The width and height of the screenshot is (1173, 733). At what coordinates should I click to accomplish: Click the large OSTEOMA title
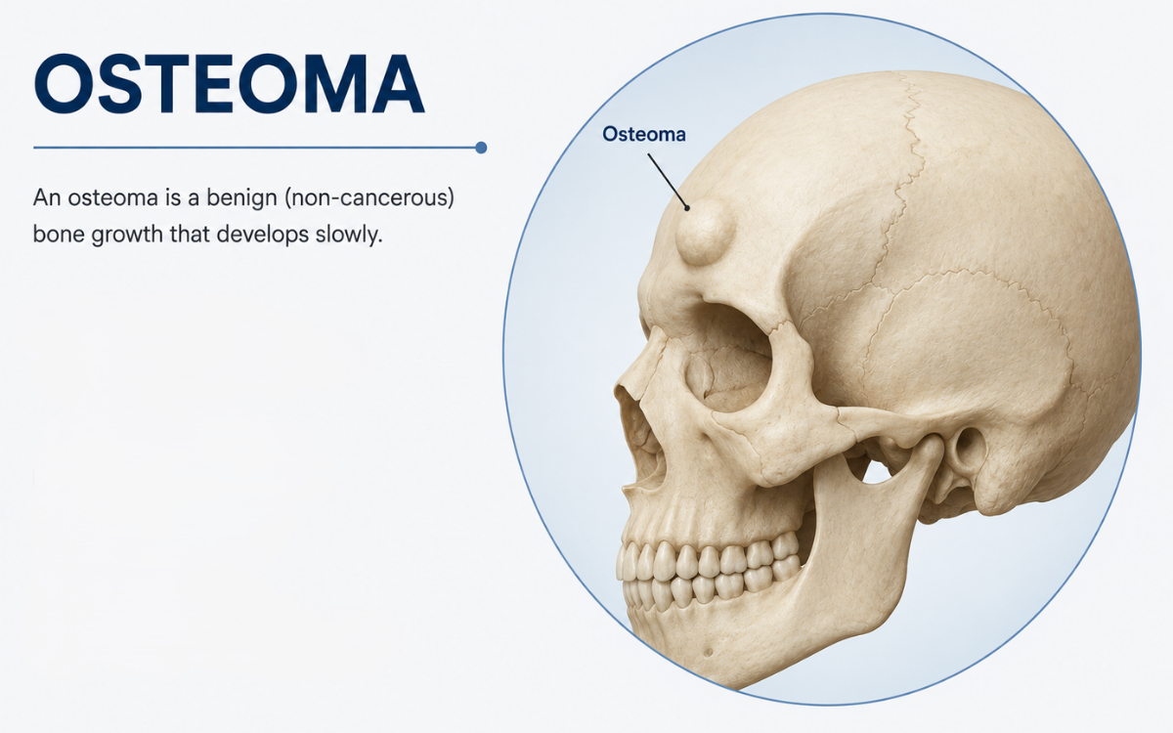pos(230,84)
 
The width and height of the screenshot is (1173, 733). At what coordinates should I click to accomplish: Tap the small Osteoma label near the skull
pos(643,134)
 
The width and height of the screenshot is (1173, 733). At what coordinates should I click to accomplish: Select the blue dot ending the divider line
pos(481,148)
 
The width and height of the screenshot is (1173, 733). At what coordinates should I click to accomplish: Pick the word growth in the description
pos(127,235)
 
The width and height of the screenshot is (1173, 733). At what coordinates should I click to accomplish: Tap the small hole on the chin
pos(708,652)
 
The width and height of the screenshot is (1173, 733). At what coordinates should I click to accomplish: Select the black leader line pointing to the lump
pos(669,181)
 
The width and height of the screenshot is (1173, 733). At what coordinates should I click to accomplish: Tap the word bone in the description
pos(59,235)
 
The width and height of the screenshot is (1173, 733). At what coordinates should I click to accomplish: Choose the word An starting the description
pos(46,197)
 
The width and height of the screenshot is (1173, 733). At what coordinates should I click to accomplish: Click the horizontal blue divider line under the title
pos(256,148)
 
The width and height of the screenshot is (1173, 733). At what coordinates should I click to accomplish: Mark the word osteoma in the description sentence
pos(113,197)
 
